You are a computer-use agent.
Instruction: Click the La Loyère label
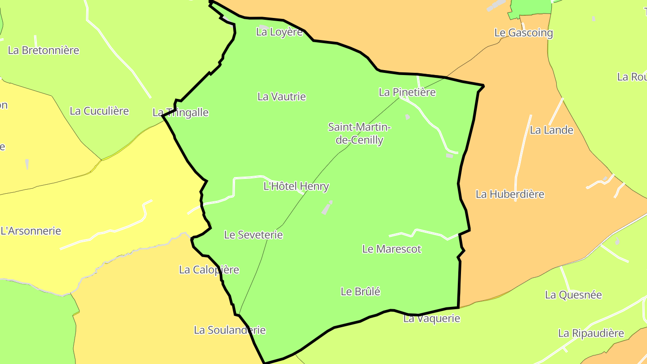279,32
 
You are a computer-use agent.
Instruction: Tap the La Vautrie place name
282,97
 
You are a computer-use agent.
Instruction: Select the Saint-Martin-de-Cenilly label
359,133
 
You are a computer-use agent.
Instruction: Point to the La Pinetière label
407,92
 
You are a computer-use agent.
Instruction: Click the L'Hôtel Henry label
296,186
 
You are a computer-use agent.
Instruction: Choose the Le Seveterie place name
253,235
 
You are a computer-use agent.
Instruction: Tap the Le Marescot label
392,249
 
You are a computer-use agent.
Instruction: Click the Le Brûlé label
360,292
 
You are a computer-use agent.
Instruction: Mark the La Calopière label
209,270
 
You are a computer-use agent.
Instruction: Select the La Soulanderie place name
230,330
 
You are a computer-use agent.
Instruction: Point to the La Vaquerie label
432,319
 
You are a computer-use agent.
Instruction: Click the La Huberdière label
510,194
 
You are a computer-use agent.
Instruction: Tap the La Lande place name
552,130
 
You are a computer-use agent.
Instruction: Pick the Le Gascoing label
523,33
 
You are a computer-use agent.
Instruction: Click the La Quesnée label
573,295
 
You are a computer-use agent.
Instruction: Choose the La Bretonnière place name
44,50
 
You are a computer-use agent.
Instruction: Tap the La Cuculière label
99,111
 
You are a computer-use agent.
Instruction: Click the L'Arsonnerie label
31,231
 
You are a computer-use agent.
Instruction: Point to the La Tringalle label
181,112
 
